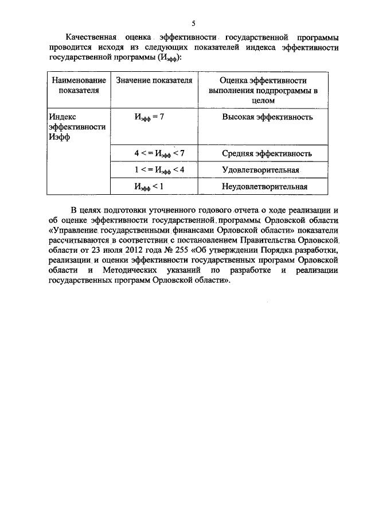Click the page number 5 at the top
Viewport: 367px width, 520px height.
tap(194, 23)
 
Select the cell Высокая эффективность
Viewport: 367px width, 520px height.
tap(267, 117)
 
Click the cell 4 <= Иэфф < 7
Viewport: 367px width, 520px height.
tap(155, 153)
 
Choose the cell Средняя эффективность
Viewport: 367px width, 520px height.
tap(267, 153)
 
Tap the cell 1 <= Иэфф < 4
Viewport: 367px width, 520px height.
tap(155, 170)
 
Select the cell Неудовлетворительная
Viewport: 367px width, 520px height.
tap(264, 186)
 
